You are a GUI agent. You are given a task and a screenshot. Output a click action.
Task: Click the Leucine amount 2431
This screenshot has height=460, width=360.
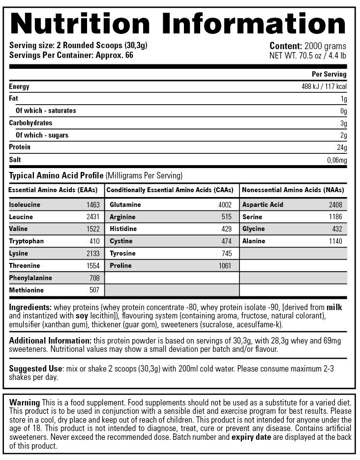[92, 217]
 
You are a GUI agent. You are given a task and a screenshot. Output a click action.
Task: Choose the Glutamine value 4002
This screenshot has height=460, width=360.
[225, 204]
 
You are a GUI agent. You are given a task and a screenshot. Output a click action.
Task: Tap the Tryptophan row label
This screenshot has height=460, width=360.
[26, 241]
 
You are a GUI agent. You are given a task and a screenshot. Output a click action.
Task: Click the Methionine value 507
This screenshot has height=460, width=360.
[94, 290]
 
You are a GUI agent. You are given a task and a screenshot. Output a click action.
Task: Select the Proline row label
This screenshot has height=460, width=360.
[121, 266]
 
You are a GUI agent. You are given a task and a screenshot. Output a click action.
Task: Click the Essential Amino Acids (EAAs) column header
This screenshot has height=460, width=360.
[53, 190]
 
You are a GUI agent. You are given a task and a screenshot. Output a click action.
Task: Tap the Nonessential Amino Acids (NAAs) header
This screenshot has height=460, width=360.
[293, 190]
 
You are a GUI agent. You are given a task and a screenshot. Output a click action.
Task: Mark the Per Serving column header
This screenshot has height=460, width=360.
[329, 74]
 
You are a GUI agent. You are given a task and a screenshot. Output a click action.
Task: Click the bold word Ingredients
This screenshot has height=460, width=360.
[30, 307]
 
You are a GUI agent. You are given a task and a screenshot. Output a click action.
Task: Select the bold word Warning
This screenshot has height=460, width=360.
[25, 402]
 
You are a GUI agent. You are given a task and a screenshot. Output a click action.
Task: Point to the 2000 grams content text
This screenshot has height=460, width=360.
[325, 46]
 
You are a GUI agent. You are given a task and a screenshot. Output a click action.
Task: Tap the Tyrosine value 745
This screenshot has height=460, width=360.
[226, 254]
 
